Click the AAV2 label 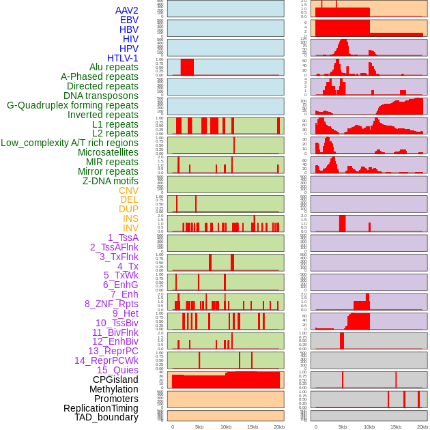click(126, 10)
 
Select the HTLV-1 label click(122, 58)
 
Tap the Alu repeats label click(113, 67)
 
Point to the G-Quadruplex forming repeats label click(72, 105)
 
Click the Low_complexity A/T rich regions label click(70, 143)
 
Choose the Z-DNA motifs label click(110, 181)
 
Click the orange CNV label click(128, 190)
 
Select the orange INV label click(130, 228)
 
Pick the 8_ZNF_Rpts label click(111, 304)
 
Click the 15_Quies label click(117, 370)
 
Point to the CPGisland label click(115, 379)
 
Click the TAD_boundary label click(106, 417)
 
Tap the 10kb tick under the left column click(226, 427)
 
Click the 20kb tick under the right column click(422, 427)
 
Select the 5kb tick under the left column click(199, 427)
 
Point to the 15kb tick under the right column click(396, 427)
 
